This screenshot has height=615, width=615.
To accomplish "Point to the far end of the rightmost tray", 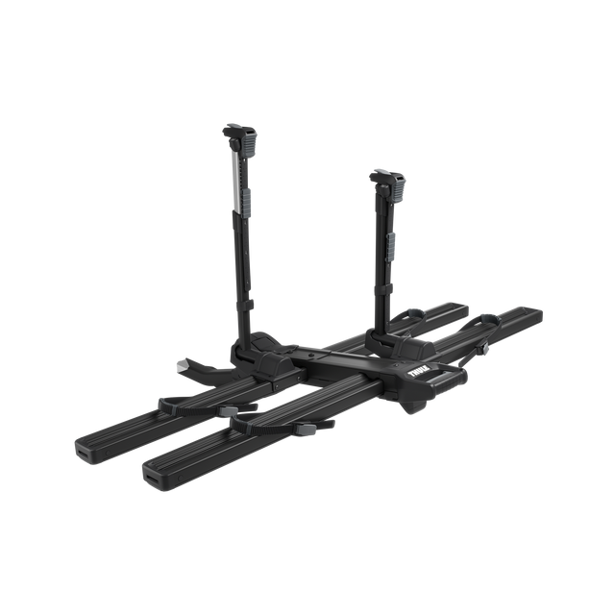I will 534,314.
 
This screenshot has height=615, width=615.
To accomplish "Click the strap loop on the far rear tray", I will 409,313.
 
